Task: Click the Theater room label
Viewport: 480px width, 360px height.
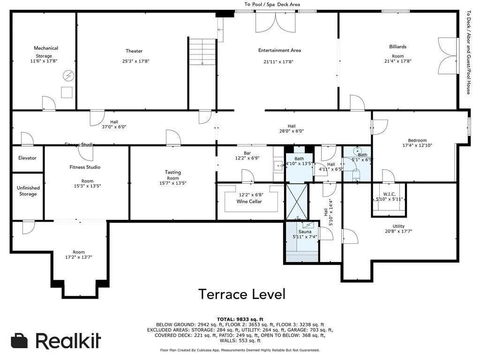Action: [134, 51]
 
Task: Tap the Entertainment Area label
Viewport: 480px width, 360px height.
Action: [279, 50]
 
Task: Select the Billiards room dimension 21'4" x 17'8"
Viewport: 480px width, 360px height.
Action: [397, 61]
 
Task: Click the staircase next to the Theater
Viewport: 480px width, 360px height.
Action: [202, 51]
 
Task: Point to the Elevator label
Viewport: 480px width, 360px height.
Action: [27, 158]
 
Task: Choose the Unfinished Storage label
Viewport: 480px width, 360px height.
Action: [28, 191]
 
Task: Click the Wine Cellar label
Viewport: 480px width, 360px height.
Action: [249, 202]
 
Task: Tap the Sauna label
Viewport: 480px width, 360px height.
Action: [305, 232]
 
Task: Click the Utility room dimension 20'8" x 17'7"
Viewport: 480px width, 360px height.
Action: [398, 231]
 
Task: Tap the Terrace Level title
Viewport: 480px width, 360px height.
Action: [241, 294]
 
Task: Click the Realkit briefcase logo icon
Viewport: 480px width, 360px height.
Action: [20, 341]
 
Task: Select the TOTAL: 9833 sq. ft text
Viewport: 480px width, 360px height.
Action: [240, 319]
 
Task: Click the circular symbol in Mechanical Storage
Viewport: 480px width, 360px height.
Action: [68, 75]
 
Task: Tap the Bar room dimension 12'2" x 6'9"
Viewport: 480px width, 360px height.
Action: [247, 158]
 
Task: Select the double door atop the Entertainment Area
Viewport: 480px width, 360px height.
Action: [275, 22]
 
